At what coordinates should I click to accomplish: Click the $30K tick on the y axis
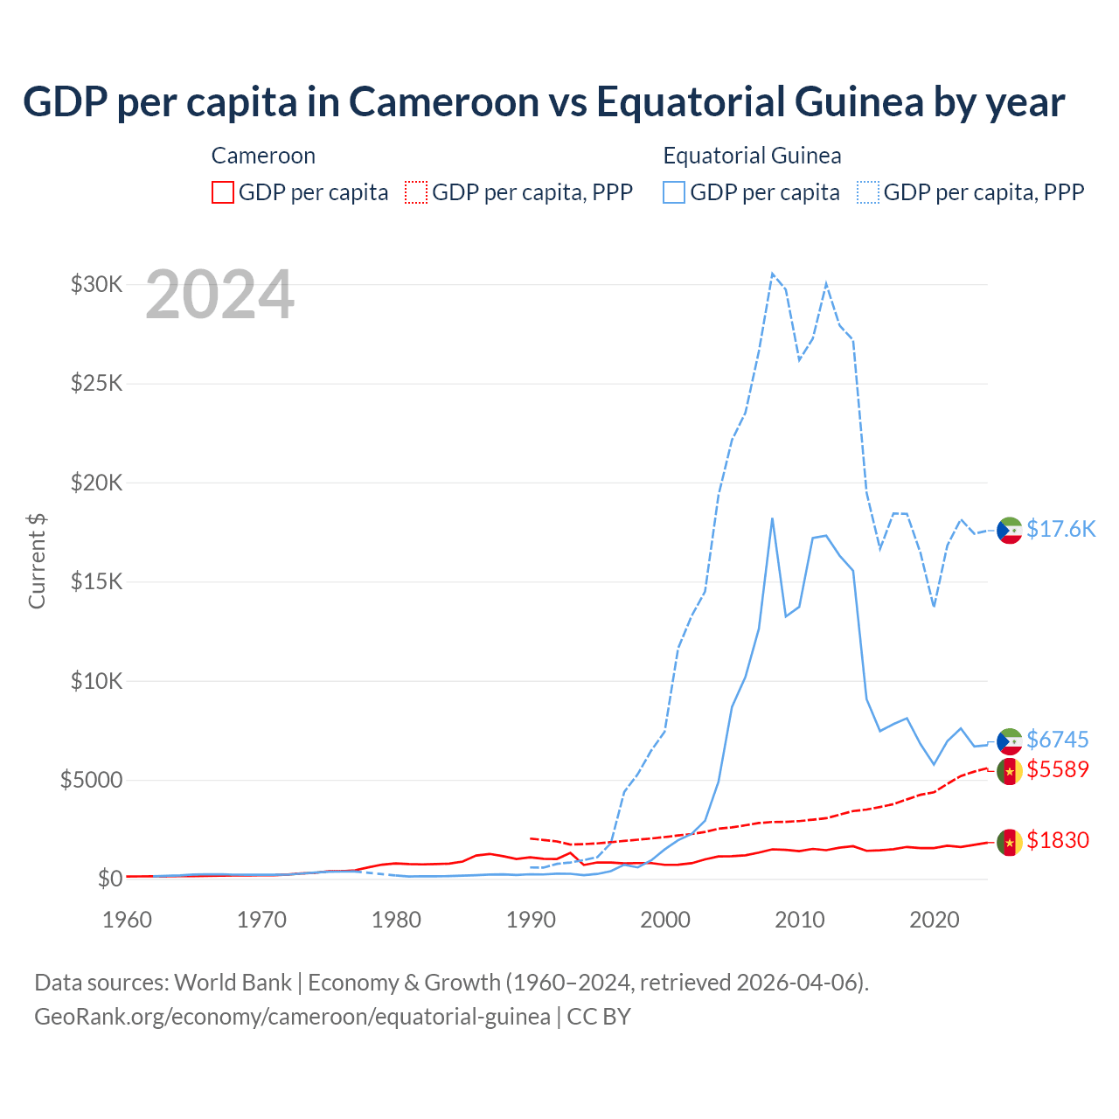point(96,284)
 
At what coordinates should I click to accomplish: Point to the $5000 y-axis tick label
point(91,780)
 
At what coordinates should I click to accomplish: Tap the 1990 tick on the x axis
point(531,920)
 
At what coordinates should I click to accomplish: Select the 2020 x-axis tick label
point(934,920)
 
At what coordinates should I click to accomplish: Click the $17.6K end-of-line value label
point(1060,529)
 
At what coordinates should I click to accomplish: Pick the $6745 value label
point(1057,740)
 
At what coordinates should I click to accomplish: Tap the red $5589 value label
point(1057,769)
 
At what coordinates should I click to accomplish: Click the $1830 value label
point(1057,840)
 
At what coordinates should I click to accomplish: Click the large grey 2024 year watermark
point(219,295)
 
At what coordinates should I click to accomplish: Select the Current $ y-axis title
point(37,561)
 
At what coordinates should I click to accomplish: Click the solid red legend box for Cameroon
point(223,192)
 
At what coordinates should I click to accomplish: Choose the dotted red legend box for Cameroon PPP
point(416,192)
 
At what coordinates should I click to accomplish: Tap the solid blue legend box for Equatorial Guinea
point(674,192)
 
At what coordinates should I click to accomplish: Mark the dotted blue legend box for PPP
point(868,192)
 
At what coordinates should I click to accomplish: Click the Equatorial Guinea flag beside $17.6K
point(1010,530)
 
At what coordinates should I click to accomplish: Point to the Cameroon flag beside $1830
point(1010,843)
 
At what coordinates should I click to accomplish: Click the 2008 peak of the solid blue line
point(772,518)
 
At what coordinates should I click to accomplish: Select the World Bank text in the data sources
point(233,983)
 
